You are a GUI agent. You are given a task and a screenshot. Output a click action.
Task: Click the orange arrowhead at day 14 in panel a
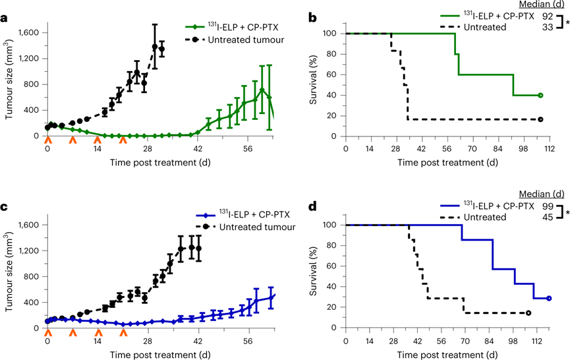click(98, 140)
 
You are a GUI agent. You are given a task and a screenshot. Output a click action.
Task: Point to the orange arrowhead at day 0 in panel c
click(47, 332)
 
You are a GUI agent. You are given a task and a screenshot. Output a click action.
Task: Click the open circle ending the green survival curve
click(540, 95)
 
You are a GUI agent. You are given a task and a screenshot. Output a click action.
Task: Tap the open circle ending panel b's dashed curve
click(540, 119)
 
